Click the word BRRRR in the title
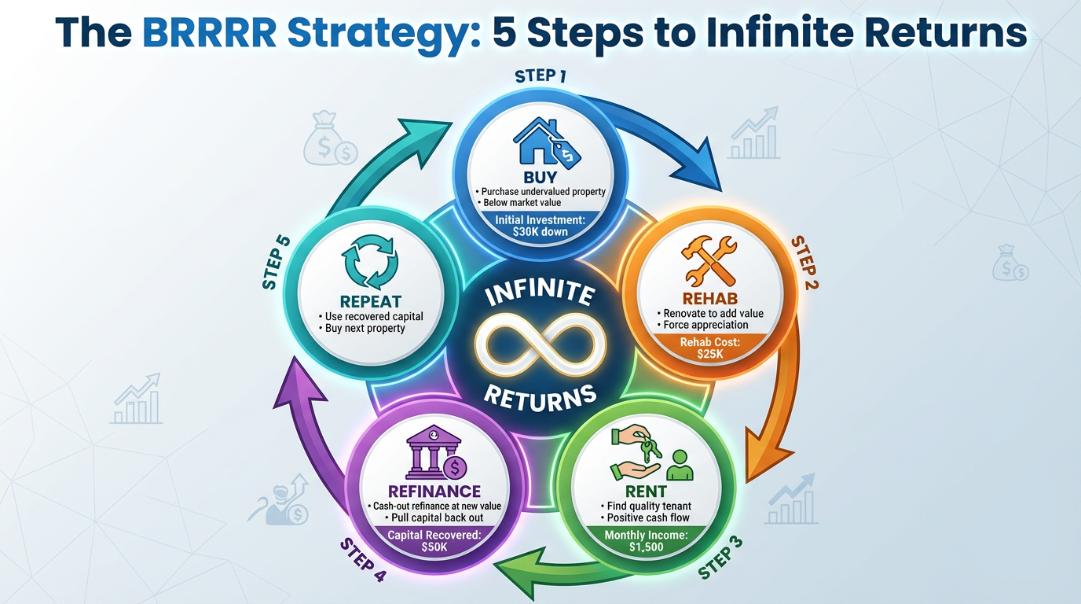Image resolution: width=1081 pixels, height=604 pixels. click(x=209, y=33)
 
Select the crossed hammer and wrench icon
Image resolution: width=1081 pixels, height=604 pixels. click(x=709, y=261)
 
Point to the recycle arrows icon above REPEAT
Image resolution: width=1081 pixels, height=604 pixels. click(x=370, y=263)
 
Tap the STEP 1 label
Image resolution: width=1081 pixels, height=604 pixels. click(x=540, y=75)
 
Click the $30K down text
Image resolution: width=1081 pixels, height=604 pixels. click(x=540, y=232)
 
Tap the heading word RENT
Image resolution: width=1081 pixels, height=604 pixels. click(x=646, y=492)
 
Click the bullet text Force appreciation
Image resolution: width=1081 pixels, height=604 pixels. click(x=702, y=325)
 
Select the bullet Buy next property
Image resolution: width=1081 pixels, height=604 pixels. click(x=362, y=329)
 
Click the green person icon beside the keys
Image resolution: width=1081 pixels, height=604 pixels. click(x=680, y=465)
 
